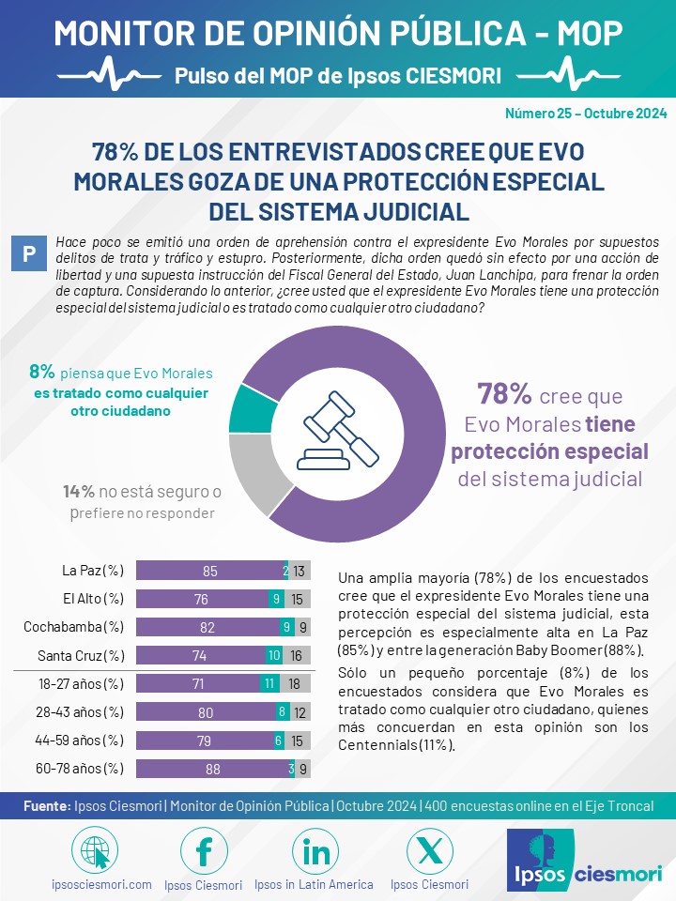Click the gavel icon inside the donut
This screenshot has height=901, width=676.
coord(337,431)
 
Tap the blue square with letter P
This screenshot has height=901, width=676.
coord(29,253)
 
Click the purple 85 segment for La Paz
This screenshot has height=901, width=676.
coord(210,571)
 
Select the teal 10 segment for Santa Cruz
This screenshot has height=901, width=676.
coord(273,655)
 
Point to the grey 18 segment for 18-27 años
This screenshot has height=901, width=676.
coord(295,683)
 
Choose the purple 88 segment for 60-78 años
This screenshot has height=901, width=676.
coord(213,769)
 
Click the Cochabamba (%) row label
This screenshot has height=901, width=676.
coord(73,626)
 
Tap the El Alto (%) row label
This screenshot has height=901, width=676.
coord(93,598)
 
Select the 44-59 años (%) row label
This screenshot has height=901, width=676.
coord(79,740)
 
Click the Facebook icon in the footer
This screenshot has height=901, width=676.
coord(204,851)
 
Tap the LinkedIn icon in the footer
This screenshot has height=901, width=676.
coord(315,851)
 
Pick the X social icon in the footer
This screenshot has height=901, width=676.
coord(429,851)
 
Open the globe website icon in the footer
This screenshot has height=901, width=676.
coord(95,851)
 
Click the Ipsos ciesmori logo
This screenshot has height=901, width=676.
coord(585,860)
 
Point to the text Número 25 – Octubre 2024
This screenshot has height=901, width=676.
coord(586,114)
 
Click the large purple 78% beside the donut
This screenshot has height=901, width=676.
coord(504,394)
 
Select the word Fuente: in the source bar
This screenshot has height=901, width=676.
coord(47,805)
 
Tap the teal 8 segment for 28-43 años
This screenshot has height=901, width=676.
coord(282,711)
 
